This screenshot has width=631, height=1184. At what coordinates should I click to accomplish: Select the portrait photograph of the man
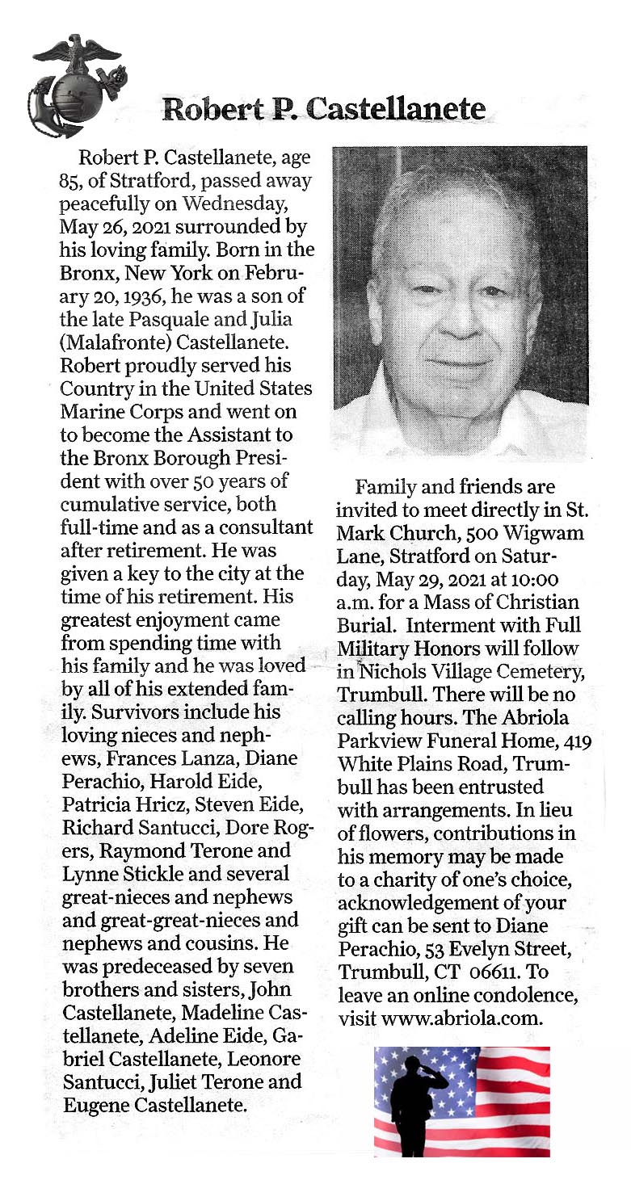[x=460, y=296]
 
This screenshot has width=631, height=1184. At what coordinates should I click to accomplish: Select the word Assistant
[x=255, y=436]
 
